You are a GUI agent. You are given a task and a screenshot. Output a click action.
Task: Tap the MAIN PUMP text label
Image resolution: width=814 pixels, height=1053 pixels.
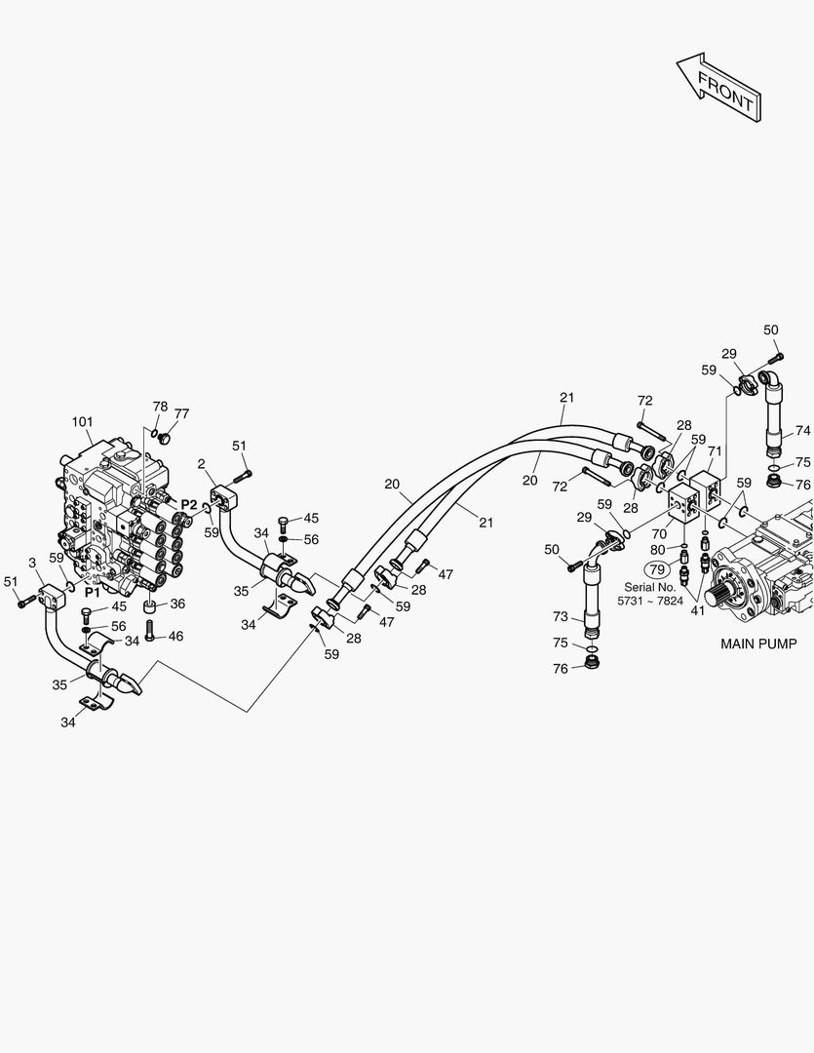[x=758, y=643]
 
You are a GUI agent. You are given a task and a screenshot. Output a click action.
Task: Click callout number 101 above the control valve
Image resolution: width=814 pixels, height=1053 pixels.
[x=82, y=422]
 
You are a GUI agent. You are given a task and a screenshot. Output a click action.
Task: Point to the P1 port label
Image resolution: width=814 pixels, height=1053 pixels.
[x=93, y=592]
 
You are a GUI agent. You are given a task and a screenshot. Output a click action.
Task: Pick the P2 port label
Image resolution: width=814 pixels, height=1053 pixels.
[x=188, y=505]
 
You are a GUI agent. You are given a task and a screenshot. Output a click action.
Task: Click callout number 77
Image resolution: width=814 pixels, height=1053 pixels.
[x=181, y=413]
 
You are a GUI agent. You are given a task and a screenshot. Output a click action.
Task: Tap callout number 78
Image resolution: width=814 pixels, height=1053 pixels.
[x=160, y=406]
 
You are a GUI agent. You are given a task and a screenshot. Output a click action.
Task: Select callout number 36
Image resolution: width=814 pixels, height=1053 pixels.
[x=177, y=604]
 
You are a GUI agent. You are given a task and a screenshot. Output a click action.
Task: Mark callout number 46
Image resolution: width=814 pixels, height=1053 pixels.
[x=176, y=636]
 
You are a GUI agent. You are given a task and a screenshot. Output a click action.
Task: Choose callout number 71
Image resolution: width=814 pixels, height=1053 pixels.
[x=715, y=451]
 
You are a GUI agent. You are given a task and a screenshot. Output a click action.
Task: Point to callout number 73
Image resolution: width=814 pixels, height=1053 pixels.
[x=559, y=617]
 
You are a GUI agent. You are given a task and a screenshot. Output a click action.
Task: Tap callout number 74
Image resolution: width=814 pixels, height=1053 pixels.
[x=802, y=430]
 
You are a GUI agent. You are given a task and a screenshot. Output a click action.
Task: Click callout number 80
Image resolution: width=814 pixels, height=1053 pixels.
[x=657, y=550]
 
